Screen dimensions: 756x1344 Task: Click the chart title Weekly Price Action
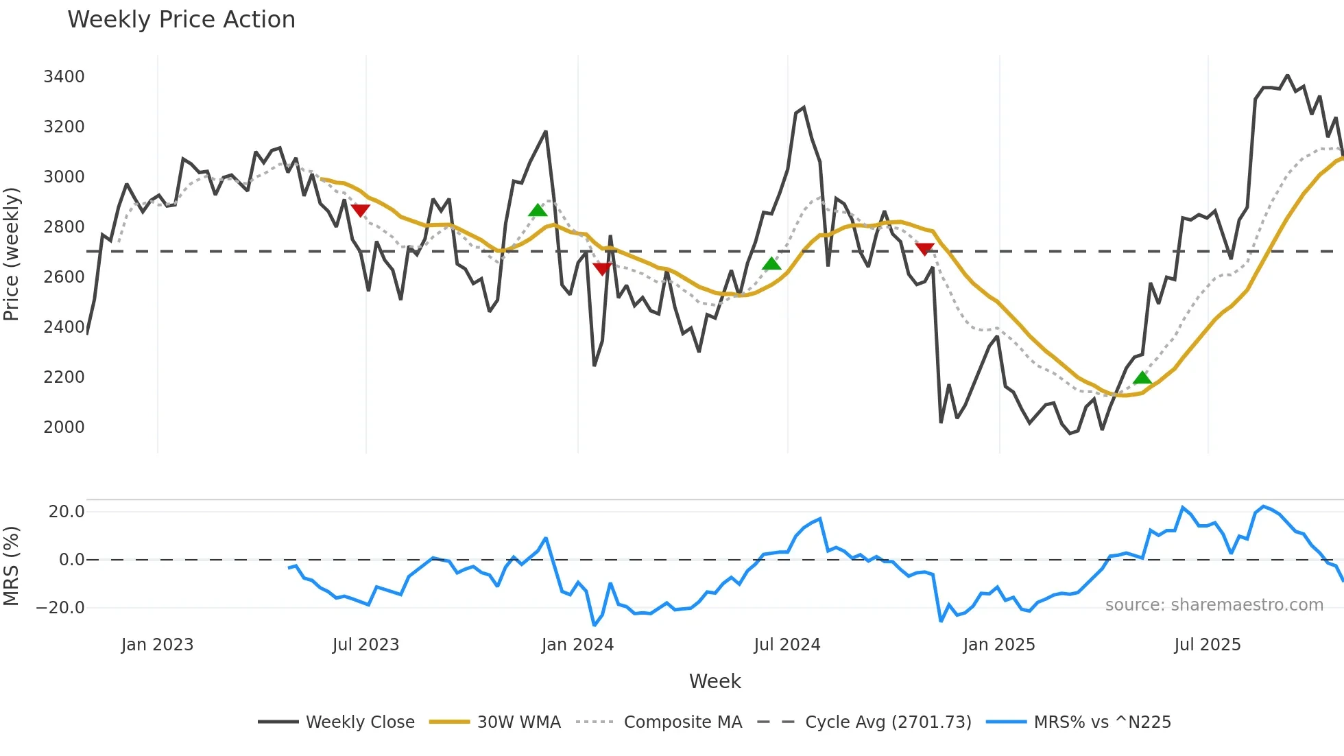coord(181,20)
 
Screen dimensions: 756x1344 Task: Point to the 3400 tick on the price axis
coord(64,77)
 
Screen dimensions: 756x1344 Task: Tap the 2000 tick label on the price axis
coord(64,427)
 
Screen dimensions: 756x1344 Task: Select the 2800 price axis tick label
coord(64,227)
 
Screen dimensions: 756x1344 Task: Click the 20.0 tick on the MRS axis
coord(67,512)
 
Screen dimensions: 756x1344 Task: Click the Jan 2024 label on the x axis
coord(577,645)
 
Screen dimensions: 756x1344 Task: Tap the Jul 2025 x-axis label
coord(1208,645)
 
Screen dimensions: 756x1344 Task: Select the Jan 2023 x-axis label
coord(157,645)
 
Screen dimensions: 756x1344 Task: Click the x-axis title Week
coord(715,681)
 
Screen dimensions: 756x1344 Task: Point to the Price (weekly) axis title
coord(12,254)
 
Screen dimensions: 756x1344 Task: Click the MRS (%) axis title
coord(12,566)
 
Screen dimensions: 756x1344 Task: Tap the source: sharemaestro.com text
coord(1214,605)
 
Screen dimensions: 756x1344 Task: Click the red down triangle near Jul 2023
coord(360,210)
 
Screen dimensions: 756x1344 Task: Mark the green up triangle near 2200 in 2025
coord(1142,377)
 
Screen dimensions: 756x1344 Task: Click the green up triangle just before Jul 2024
coord(771,263)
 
